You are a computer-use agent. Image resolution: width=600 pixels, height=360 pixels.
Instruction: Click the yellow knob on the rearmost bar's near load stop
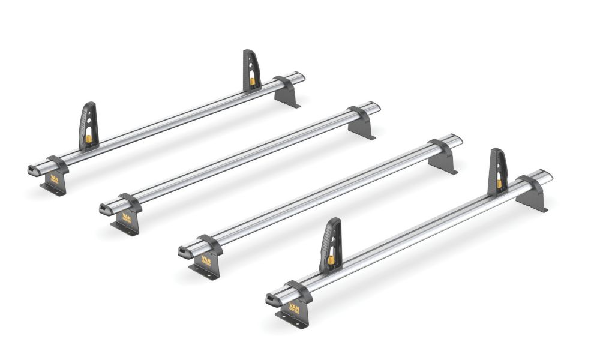click(89, 139)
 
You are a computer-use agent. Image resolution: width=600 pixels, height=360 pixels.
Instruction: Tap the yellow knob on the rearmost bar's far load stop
click(253, 80)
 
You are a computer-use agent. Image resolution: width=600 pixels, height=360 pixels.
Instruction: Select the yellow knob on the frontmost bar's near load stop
click(331, 260)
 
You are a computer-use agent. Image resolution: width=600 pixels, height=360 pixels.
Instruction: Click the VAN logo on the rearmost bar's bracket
click(54, 179)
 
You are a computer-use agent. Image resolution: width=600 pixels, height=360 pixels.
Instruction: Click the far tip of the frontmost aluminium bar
click(548, 175)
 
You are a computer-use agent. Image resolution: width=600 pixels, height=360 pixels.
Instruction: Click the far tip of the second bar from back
click(376, 106)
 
